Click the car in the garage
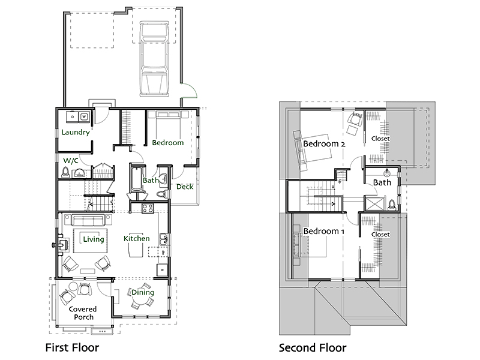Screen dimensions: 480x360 pyautogui.click(x=155, y=59)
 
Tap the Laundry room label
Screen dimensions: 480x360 pyautogui.click(x=76, y=132)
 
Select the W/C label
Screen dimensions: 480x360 pyautogui.click(x=71, y=160)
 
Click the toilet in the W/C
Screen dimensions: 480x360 pyautogui.click(x=65, y=172)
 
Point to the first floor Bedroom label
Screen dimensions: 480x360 pyautogui.click(x=168, y=143)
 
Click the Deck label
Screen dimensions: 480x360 pyautogui.click(x=185, y=187)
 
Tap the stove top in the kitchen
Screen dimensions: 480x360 pyautogui.click(x=148, y=208)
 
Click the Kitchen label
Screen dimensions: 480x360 pyautogui.click(x=137, y=238)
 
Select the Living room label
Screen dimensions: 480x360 pyautogui.click(x=94, y=239)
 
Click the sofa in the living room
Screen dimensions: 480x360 pyautogui.click(x=88, y=220)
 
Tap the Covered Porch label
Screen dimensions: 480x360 pyautogui.click(x=83, y=313)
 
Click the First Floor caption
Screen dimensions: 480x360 pyautogui.click(x=72, y=348)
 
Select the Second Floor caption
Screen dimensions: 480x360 pyautogui.click(x=313, y=348)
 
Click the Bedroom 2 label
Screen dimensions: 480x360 pyautogui.click(x=324, y=143)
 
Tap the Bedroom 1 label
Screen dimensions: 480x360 pyautogui.click(x=323, y=231)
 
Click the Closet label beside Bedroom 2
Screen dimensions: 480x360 pyautogui.click(x=380, y=139)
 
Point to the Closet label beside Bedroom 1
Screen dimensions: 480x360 pyautogui.click(x=380, y=234)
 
